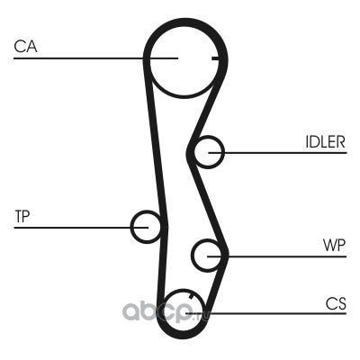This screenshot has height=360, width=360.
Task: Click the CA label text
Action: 25,47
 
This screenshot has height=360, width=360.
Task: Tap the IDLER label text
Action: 326,141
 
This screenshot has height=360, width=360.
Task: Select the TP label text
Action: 22,216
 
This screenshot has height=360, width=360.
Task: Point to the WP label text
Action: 334,246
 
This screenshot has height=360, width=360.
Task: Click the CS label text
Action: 336,303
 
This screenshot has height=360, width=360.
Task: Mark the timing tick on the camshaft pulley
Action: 215,58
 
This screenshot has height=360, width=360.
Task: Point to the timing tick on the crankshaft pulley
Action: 190,296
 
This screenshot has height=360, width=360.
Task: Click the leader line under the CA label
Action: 96,58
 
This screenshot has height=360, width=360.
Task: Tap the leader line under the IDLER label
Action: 277,153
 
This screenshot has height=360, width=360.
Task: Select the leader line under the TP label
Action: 81,228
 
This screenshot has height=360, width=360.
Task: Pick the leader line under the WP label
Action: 276,256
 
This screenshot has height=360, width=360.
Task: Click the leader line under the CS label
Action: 265,314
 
